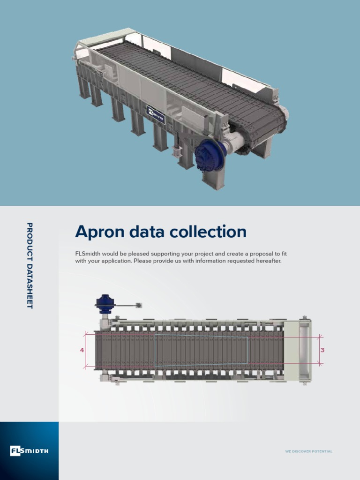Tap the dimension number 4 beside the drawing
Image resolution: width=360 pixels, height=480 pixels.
click(82, 350)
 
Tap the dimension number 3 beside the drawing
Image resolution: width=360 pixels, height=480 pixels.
click(322, 350)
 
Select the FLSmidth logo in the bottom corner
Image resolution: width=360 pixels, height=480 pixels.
click(29, 451)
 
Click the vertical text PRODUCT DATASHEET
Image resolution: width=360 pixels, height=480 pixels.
click(30, 265)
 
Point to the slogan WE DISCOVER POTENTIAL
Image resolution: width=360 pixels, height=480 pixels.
click(308, 451)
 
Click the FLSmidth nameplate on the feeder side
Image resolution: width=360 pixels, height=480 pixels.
click(156, 115)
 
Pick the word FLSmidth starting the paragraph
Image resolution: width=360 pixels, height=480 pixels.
click(88, 254)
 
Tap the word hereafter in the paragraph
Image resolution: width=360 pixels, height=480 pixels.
click(269, 261)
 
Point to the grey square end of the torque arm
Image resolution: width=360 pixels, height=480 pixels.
click(139, 306)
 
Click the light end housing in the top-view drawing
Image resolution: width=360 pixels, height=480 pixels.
click(298, 350)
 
